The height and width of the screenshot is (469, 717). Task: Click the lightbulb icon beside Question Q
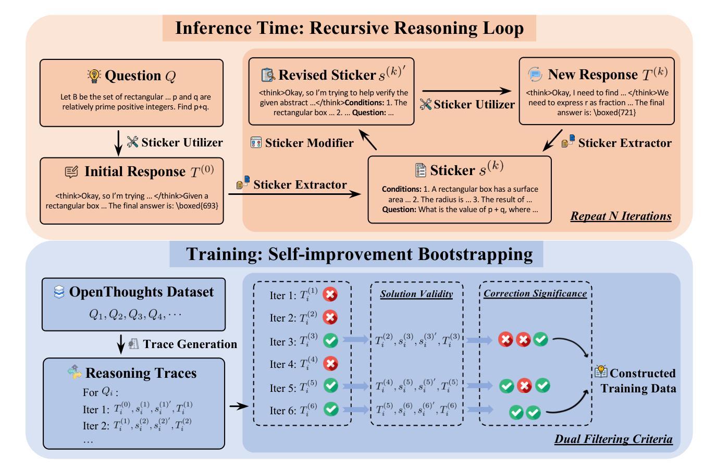(94, 76)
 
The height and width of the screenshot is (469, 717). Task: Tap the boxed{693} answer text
(197, 205)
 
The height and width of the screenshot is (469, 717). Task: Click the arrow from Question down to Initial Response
(118, 143)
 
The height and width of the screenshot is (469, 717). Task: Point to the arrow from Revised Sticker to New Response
(467, 91)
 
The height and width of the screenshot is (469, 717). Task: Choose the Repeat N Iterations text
(621, 216)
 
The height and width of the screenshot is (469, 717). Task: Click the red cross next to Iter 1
(330, 294)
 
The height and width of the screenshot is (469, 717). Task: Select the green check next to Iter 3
(330, 340)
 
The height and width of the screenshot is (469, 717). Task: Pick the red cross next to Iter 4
(330, 363)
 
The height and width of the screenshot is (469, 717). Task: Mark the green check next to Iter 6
(331, 409)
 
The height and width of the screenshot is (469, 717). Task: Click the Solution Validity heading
(416, 294)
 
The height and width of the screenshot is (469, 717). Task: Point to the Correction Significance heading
(535, 293)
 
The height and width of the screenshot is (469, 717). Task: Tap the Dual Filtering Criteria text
(613, 439)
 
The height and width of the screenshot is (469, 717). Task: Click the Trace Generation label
(190, 344)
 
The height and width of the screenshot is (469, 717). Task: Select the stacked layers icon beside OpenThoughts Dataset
(59, 292)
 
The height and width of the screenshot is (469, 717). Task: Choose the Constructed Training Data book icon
(601, 372)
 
